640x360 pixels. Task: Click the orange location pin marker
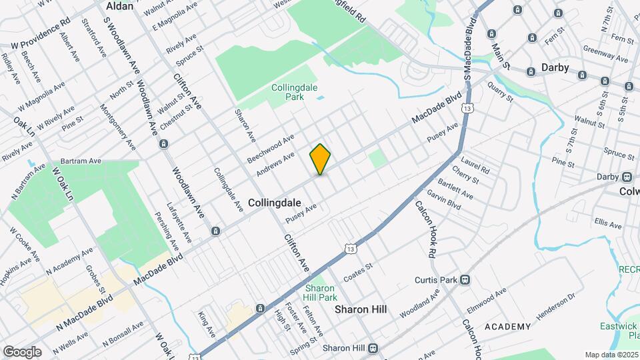(320, 159)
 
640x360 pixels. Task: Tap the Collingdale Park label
(288, 92)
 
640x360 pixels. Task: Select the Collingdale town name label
(275, 201)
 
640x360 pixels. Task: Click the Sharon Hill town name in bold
(361, 310)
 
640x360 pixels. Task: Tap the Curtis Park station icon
(465, 280)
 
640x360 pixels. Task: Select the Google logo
(22, 351)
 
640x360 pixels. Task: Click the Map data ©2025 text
(611, 355)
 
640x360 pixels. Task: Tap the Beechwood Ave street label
(270, 149)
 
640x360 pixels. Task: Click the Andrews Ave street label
(275, 166)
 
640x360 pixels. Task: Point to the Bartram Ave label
(80, 161)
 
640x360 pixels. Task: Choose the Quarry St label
(499, 92)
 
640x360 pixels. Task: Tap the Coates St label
(357, 273)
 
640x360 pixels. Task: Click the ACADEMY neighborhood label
(508, 327)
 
